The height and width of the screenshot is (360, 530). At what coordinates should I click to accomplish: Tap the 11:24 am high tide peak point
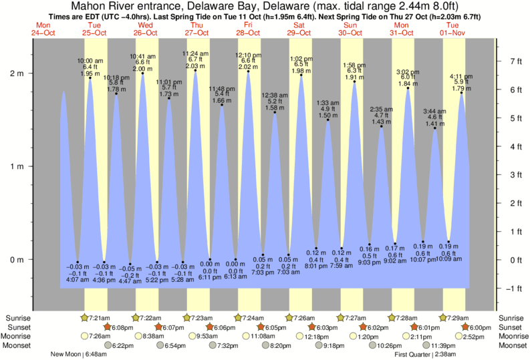click(x=196, y=72)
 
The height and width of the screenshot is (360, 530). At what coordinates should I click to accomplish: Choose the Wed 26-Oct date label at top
click(x=146, y=28)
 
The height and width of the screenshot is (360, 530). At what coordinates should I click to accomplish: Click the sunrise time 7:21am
click(x=98, y=317)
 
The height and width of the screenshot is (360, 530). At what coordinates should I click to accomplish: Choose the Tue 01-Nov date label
click(x=453, y=28)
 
